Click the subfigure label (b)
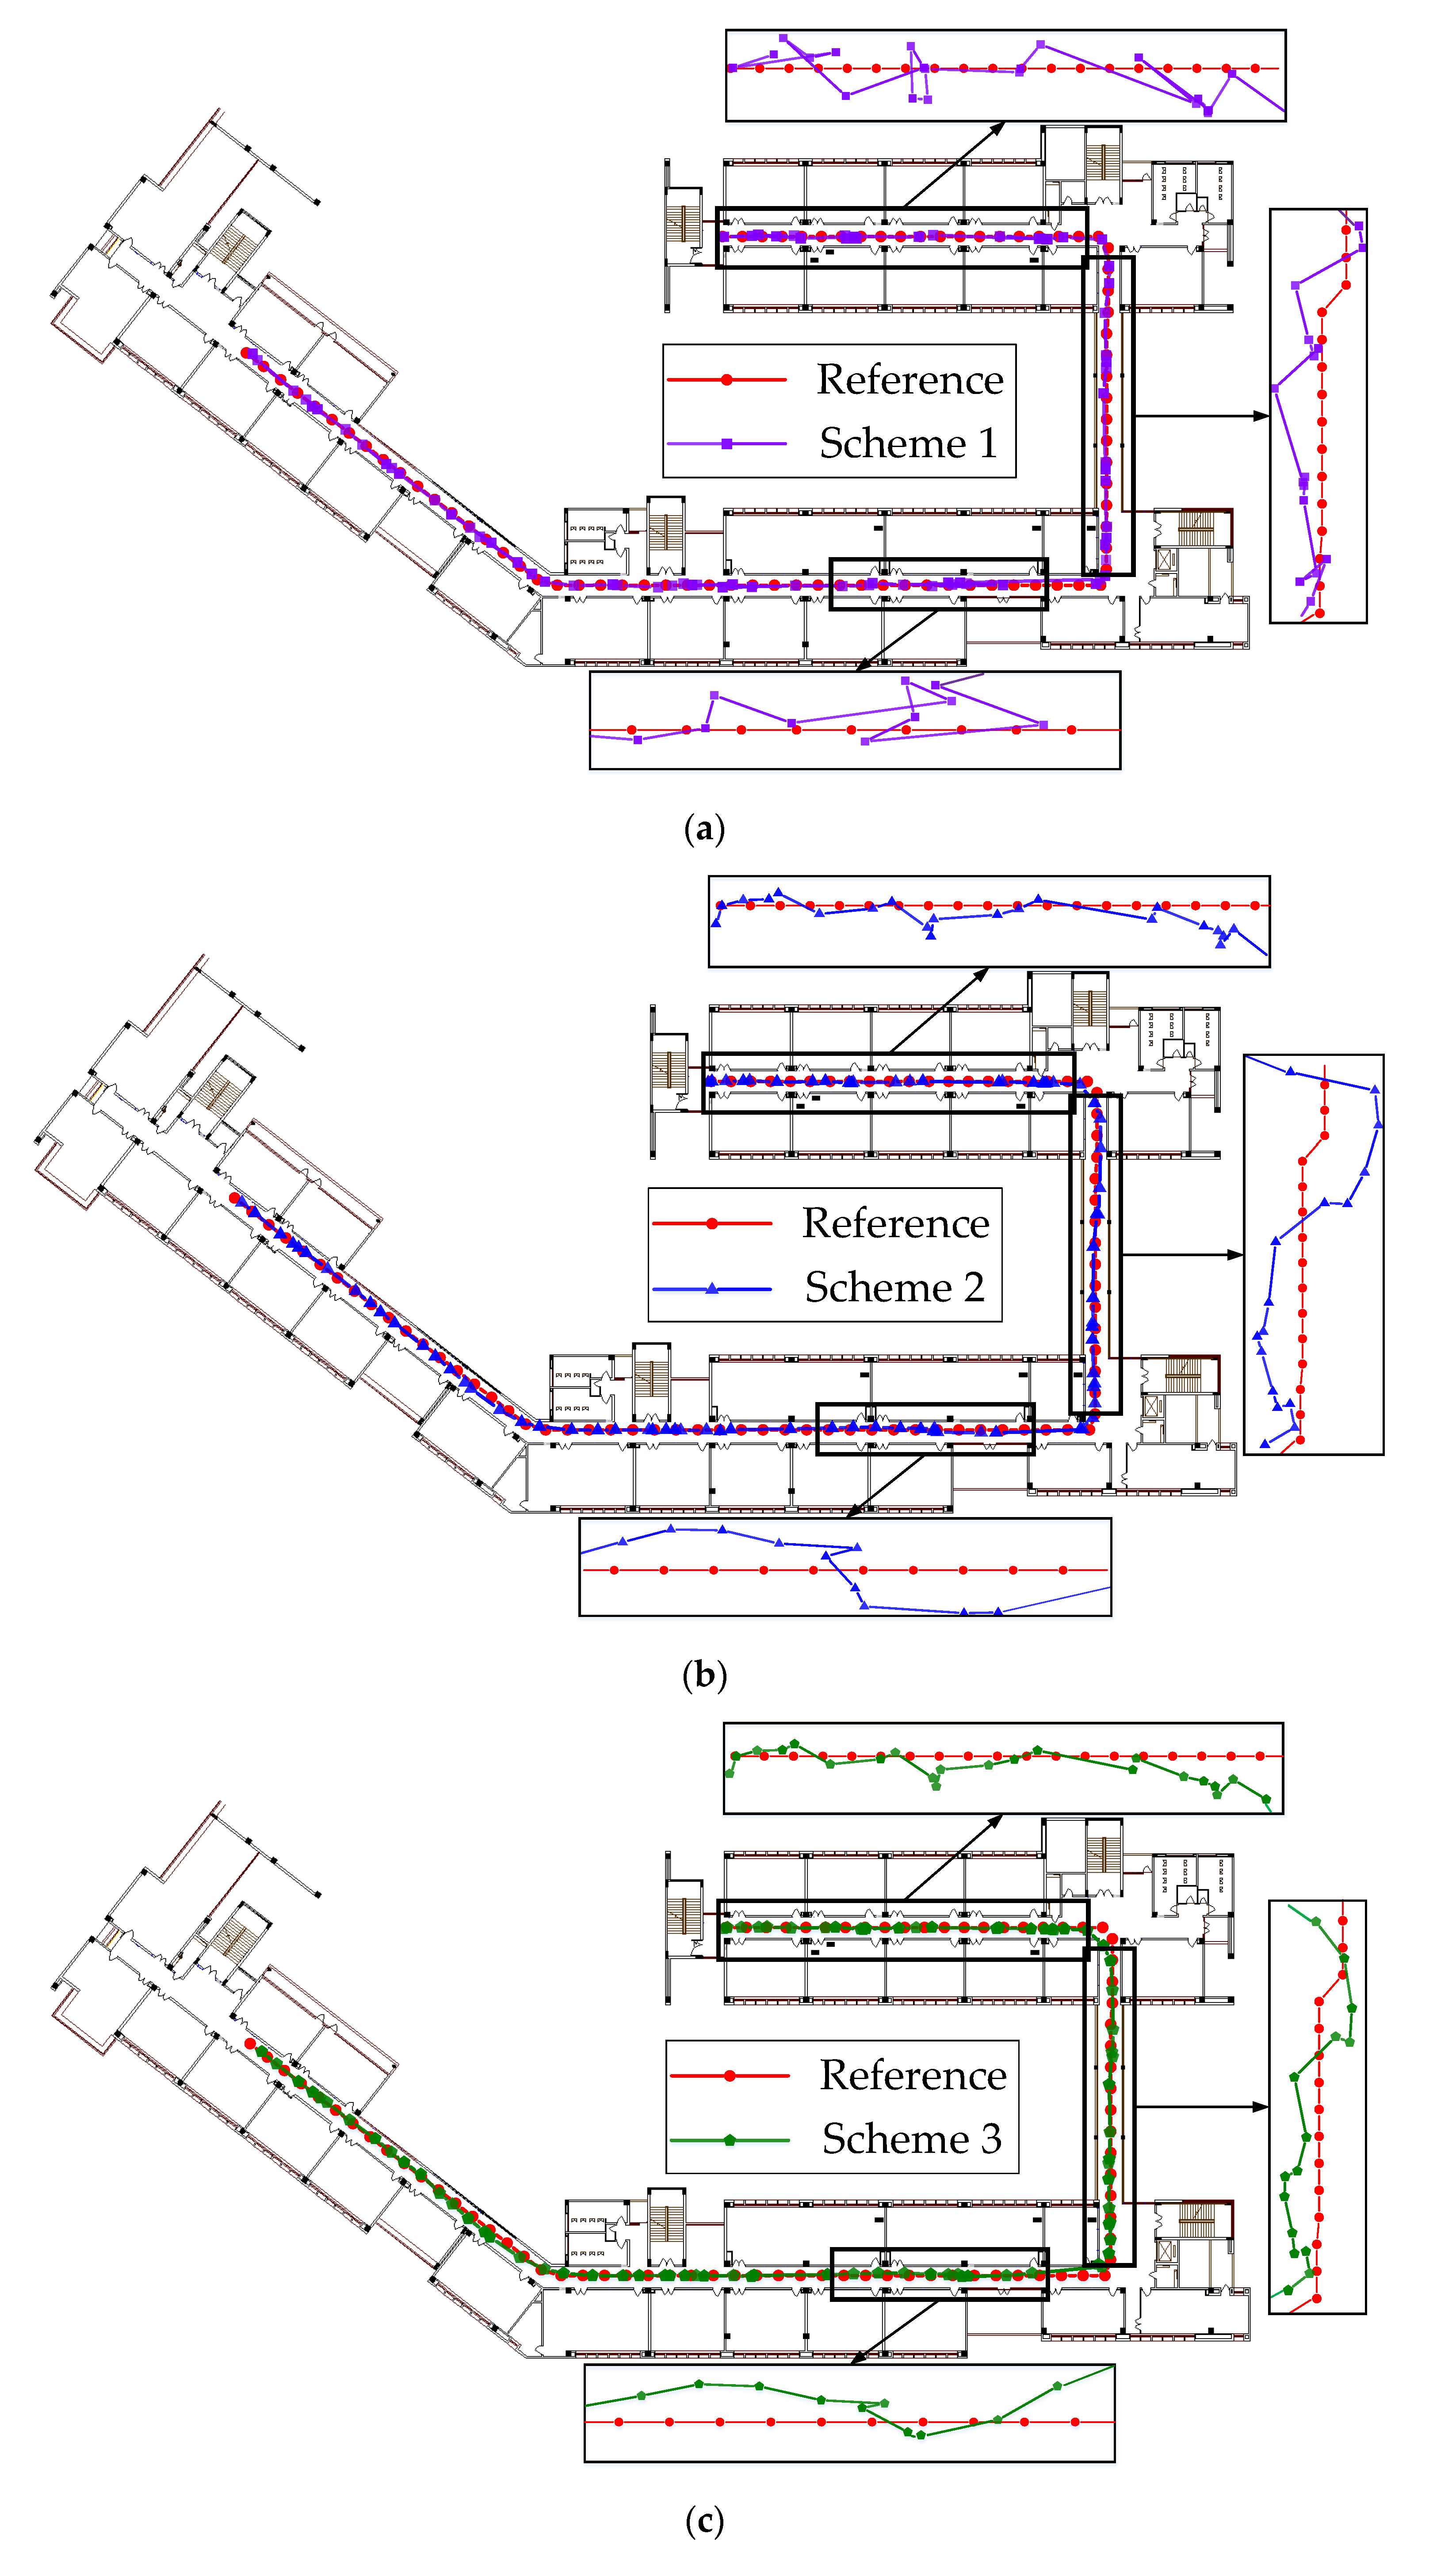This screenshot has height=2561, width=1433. [x=704, y=1674]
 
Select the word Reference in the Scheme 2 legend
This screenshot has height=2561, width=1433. [x=895, y=1223]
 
